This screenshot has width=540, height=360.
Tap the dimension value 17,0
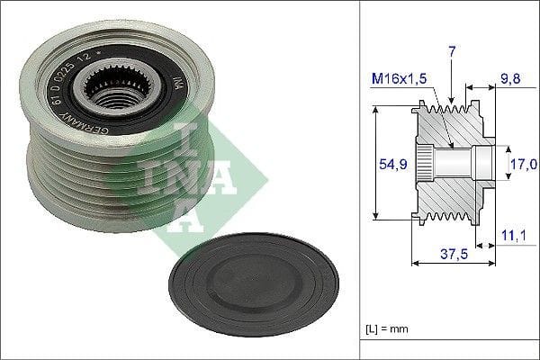[524, 164]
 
